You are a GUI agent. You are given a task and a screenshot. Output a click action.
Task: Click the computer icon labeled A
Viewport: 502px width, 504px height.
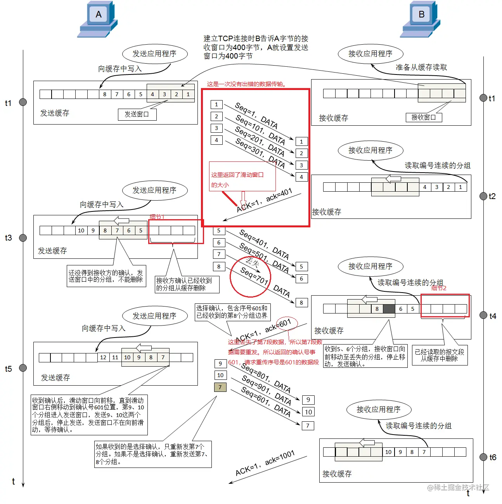click(98, 19)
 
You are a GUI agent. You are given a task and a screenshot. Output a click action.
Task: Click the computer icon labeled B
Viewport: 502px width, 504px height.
click(421, 19)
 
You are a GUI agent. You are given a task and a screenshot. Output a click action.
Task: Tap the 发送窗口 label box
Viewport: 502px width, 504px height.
click(137, 114)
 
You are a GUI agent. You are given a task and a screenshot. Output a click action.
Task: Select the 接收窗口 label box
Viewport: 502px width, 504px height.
click(424, 117)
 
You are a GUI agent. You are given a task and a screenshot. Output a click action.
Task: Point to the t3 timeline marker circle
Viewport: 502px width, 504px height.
click(23, 238)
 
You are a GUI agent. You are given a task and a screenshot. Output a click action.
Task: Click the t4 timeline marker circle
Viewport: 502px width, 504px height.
click(483, 315)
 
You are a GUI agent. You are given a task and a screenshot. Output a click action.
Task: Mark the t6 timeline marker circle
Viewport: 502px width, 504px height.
click(483, 457)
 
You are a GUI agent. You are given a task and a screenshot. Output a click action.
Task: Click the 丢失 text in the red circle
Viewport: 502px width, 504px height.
click(252, 262)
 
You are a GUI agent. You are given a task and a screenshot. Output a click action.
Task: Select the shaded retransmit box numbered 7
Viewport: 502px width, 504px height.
click(220, 387)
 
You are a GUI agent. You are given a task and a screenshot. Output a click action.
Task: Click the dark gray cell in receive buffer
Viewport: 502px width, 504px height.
click(389, 309)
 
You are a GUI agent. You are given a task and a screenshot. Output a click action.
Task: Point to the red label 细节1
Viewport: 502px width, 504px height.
click(157, 217)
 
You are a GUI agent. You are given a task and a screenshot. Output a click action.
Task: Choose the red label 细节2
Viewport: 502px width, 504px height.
click(439, 288)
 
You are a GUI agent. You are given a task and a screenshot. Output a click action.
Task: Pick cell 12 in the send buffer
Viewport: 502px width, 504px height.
click(103, 357)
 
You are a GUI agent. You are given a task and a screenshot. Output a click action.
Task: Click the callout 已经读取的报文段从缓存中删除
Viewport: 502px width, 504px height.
click(439, 355)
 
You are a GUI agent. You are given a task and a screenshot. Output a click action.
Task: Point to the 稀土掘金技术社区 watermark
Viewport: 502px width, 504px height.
click(458, 487)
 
